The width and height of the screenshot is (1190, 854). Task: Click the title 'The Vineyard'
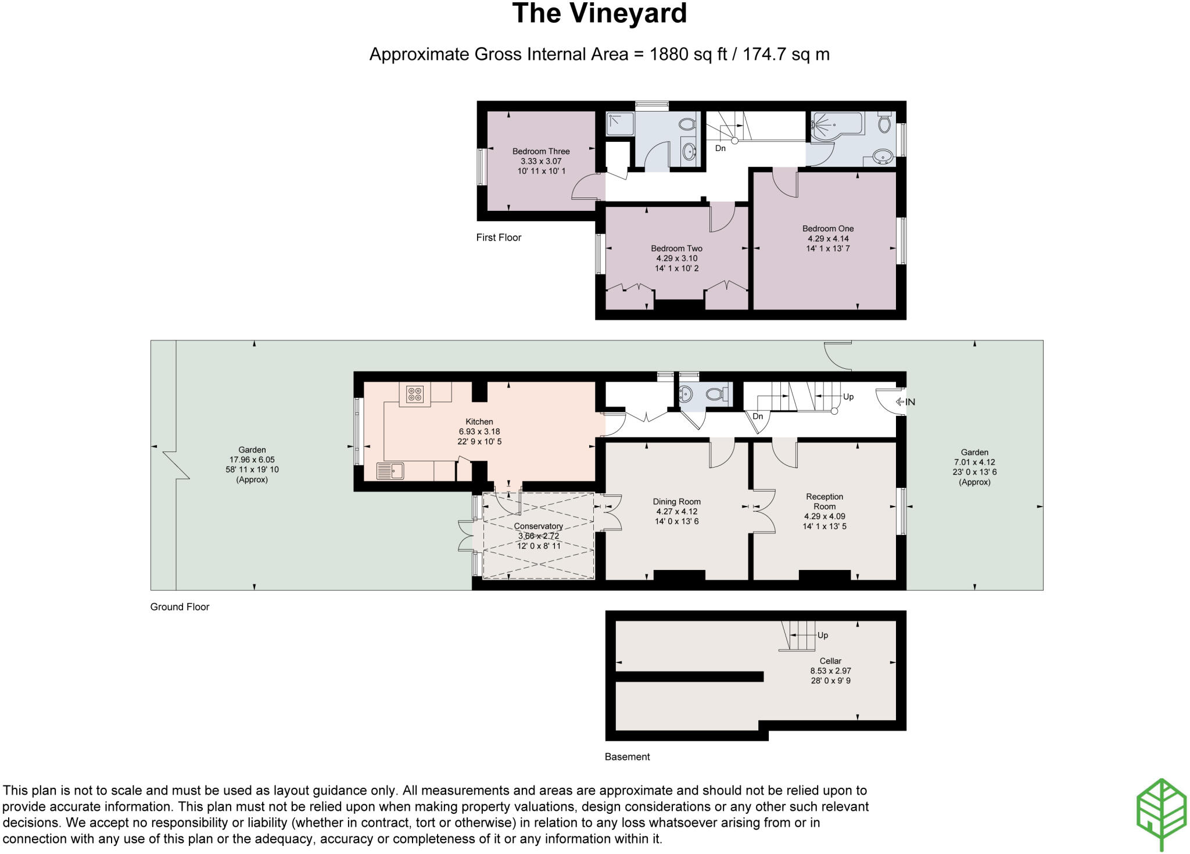pyautogui.click(x=599, y=14)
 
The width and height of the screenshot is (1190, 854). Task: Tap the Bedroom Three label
pyautogui.click(x=540, y=152)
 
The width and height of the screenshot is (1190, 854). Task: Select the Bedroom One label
pyautogui.click(x=827, y=229)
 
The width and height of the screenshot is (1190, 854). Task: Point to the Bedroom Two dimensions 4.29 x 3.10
pyautogui.click(x=676, y=259)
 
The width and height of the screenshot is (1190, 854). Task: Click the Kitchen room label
pyautogui.click(x=479, y=422)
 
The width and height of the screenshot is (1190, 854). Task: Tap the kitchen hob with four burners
pyautogui.click(x=415, y=394)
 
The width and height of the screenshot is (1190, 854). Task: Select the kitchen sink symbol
pyautogui.click(x=390, y=471)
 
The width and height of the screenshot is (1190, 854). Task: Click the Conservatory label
pyautogui.click(x=538, y=526)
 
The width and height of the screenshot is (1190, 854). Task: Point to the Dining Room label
pyautogui.click(x=676, y=502)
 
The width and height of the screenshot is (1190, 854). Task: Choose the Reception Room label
pyautogui.click(x=824, y=501)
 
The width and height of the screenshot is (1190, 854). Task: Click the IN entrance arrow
pyautogui.click(x=905, y=402)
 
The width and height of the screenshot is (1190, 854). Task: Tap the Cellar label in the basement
pyautogui.click(x=830, y=661)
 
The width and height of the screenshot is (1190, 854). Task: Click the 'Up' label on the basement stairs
pyautogui.click(x=822, y=636)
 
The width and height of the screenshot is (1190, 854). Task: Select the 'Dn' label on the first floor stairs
pyautogui.click(x=720, y=149)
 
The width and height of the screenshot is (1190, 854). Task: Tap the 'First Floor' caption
pyautogui.click(x=499, y=238)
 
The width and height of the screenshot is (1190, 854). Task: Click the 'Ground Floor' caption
pyautogui.click(x=180, y=607)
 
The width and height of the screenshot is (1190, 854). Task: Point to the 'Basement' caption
pyautogui.click(x=627, y=757)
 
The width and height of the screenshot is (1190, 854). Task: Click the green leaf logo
pyautogui.click(x=1161, y=813)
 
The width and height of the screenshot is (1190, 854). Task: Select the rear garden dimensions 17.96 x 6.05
pyautogui.click(x=252, y=460)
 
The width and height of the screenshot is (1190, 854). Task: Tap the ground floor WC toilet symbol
pyautogui.click(x=716, y=395)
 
